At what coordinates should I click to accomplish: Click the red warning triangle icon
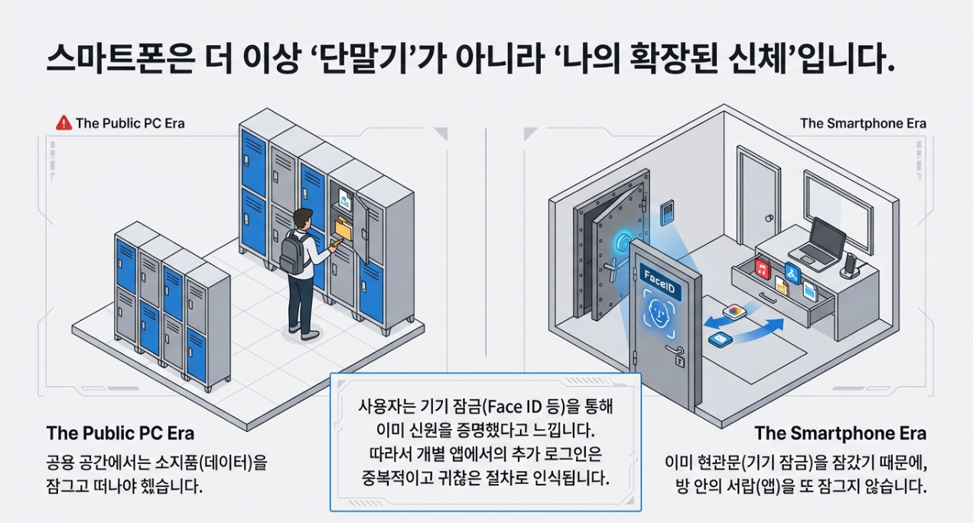click(64, 122)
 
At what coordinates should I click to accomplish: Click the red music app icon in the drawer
click(762, 268)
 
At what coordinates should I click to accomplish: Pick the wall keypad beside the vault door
click(667, 212)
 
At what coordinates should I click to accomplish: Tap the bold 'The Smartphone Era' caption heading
click(840, 434)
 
